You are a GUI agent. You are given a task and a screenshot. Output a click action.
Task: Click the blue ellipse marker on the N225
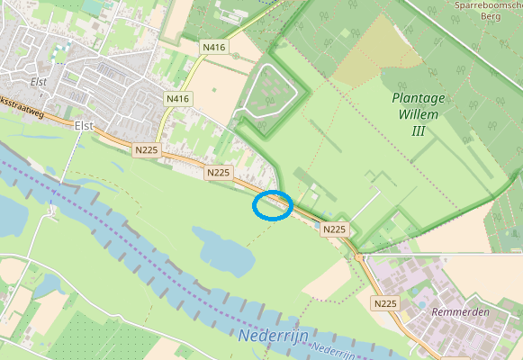click(272, 205)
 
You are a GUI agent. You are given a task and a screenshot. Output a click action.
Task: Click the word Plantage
click(419, 97)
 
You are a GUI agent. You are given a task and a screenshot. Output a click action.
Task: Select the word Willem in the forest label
click(419, 114)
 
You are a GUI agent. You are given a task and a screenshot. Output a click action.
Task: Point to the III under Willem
click(418, 131)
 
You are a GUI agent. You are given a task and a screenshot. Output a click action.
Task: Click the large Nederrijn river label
click(274, 337)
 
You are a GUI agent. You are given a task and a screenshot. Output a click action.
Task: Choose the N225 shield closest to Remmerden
click(385, 303)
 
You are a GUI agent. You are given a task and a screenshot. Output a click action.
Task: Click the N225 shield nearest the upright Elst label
click(146, 150)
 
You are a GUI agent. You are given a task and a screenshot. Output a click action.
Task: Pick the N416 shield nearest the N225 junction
click(178, 98)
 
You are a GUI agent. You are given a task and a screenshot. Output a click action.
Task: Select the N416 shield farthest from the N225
click(214, 47)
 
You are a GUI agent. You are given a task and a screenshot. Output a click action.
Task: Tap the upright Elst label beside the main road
click(86, 126)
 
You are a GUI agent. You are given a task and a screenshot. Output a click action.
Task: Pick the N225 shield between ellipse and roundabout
click(334, 229)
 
